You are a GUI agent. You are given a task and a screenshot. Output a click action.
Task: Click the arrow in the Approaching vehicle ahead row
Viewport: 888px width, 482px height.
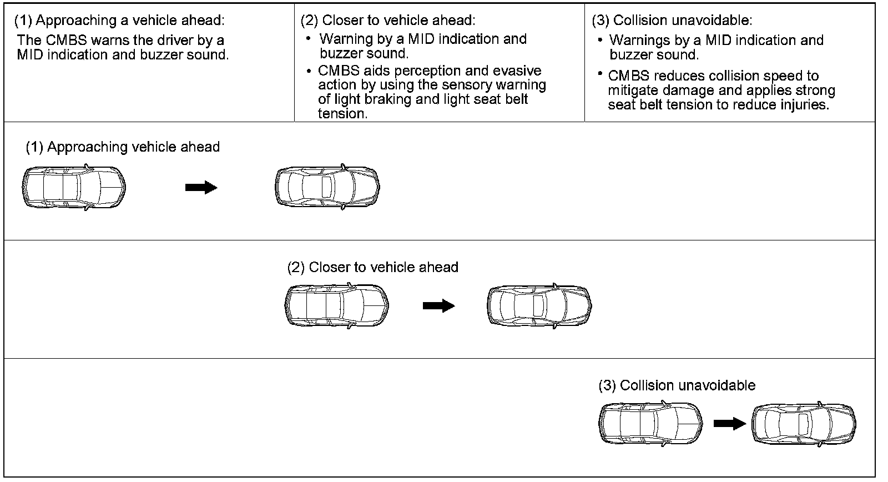tap(201, 187)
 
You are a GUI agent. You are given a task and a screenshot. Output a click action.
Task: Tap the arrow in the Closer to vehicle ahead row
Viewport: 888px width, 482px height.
tap(439, 305)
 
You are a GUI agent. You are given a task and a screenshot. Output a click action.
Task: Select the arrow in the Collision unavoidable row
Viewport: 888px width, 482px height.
tap(730, 423)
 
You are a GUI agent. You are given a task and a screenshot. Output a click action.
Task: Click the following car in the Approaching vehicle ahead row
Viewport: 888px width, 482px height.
tap(74, 187)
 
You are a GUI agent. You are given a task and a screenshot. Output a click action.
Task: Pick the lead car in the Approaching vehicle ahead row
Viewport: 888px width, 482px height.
tap(327, 187)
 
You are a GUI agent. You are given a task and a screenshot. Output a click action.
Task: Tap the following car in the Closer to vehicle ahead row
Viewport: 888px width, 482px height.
tap(336, 305)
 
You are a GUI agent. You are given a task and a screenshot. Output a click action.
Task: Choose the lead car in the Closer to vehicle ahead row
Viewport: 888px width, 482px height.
tap(539, 305)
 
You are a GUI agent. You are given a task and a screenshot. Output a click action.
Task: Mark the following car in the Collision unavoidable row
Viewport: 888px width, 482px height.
tap(650, 424)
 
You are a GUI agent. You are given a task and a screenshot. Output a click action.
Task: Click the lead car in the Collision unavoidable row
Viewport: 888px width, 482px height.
tap(804, 424)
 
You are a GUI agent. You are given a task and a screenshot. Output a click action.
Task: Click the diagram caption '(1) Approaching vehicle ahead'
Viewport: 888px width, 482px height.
tap(123, 147)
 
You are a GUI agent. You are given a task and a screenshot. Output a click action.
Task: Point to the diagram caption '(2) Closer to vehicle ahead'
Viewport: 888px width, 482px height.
tap(372, 268)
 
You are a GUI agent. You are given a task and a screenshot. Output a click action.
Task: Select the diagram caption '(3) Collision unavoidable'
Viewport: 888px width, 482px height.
tap(677, 385)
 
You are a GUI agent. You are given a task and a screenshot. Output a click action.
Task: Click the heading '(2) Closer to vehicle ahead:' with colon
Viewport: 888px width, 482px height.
tap(388, 20)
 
